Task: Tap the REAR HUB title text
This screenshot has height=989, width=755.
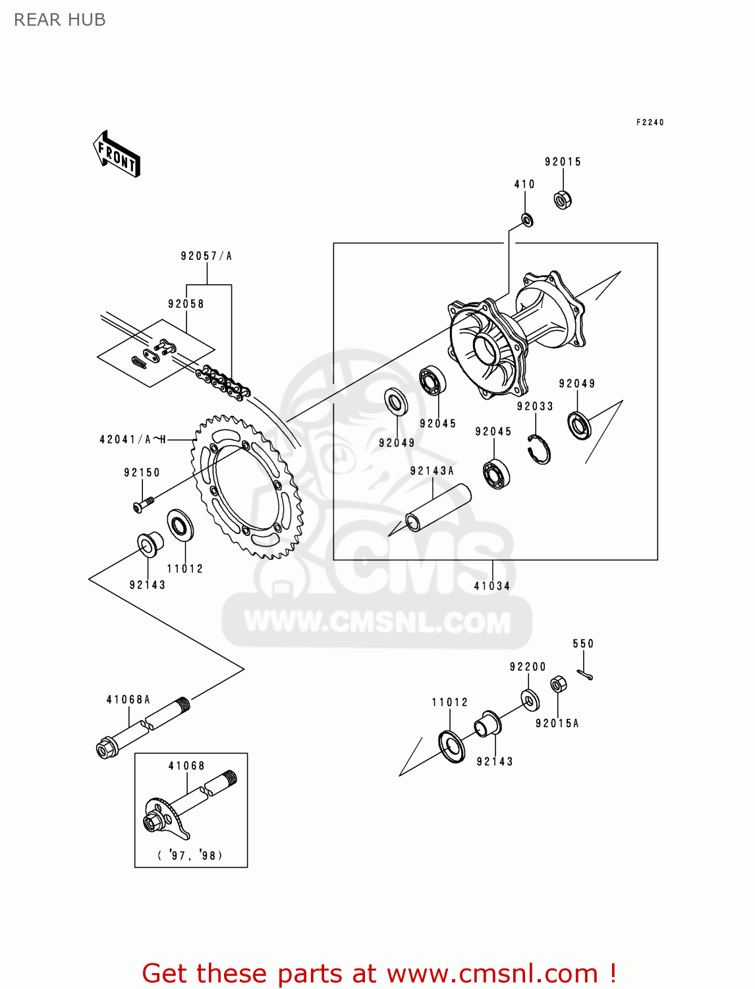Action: (59, 20)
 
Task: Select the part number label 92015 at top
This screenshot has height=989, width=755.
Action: (563, 162)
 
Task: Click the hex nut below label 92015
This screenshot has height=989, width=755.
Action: (563, 199)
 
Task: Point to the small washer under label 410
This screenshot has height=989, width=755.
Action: (527, 220)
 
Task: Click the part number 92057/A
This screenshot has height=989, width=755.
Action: (206, 256)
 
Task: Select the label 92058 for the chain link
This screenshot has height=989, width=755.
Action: (186, 304)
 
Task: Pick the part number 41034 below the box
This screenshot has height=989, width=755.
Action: (492, 585)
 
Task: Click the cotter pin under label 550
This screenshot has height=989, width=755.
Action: (585, 674)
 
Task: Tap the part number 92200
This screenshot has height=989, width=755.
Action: (528, 667)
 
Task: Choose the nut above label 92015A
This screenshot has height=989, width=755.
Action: (558, 684)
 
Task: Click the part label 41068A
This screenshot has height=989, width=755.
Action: (128, 700)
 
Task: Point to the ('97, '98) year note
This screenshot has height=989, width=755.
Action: (190, 855)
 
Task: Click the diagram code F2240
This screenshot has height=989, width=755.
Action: (650, 122)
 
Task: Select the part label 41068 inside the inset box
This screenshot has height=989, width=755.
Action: (186, 765)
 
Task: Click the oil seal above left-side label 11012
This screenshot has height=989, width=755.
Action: (180, 525)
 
